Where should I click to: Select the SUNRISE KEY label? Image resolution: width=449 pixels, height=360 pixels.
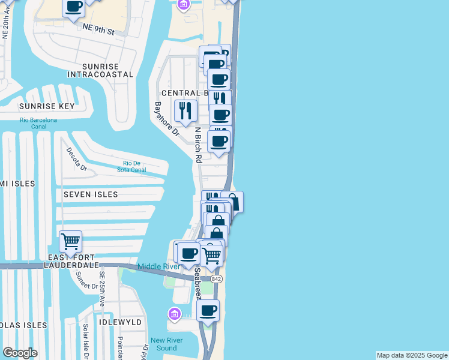[47, 106]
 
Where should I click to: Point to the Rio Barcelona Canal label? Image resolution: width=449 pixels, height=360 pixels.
[38, 123]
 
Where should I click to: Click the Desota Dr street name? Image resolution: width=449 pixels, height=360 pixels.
[76, 159]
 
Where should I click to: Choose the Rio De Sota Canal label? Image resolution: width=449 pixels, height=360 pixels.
[134, 166]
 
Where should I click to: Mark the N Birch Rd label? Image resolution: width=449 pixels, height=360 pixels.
[197, 145]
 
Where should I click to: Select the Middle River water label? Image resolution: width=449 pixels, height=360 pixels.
[158, 266]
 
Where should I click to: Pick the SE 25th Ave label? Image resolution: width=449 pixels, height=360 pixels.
[102, 290]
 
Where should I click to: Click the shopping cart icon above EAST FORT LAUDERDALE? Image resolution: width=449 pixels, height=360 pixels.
[71, 242]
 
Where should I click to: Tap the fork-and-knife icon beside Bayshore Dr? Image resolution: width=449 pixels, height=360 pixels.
[185, 110]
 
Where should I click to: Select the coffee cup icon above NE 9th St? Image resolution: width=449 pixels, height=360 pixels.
[74, 7]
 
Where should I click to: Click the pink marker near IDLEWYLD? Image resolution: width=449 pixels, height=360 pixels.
[175, 314]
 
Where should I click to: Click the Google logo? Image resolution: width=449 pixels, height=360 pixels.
[20, 353]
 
